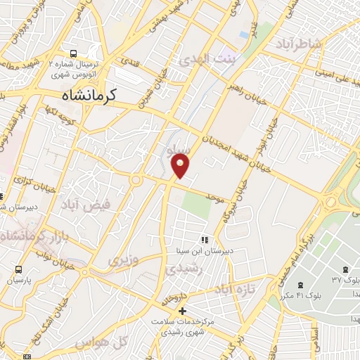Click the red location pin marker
181,165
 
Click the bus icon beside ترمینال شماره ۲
74,53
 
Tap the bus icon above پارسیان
17,269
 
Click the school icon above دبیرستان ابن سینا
205,240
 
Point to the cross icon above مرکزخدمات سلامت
182,310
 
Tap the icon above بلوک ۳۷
345,269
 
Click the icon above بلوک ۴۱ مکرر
301,284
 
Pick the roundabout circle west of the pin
134,180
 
